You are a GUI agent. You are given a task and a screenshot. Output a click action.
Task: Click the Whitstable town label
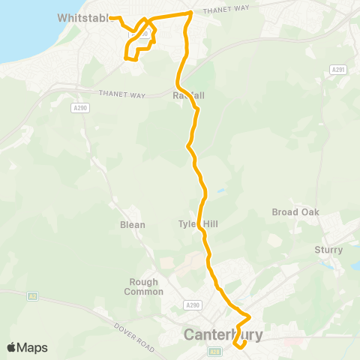[x=83, y=18]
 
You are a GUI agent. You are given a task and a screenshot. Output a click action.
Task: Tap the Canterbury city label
[x=223, y=334]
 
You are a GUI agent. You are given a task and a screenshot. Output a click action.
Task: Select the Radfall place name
[x=189, y=96]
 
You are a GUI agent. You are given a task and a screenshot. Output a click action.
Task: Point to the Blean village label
[x=133, y=224]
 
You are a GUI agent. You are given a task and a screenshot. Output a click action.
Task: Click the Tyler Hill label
[x=197, y=223]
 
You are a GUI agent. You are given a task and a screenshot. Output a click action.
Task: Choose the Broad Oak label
[x=295, y=212]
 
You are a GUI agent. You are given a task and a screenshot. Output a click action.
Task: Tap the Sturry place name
[x=328, y=250]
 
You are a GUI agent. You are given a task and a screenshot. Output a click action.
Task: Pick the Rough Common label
[x=143, y=286]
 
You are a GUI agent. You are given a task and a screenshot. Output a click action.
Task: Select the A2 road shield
[x=32, y=296]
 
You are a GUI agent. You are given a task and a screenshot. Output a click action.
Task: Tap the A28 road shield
[x=216, y=351]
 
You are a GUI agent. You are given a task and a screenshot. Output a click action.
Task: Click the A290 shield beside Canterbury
[x=193, y=305]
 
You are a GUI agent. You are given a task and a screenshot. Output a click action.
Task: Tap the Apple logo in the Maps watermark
[x=12, y=348]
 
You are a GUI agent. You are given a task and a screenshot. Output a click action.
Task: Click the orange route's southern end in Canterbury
[x=238, y=346]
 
